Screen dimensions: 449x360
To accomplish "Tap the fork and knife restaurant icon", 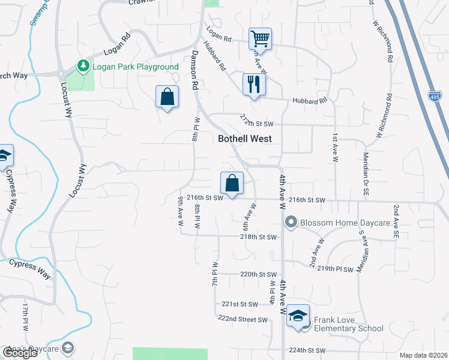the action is tap(254, 85).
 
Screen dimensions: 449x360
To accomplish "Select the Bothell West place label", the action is tap(244, 139).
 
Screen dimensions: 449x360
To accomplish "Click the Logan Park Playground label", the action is tap(135, 67).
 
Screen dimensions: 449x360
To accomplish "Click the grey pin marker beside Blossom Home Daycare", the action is tap(291, 222).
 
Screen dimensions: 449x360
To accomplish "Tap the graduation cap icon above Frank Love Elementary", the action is tap(298, 316).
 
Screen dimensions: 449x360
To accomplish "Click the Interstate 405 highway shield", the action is tap(435, 96).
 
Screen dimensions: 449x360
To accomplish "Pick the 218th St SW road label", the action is tap(258, 238).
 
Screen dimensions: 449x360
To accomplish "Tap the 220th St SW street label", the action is tap(258, 274).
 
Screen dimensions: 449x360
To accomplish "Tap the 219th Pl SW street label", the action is tap(336, 269).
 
